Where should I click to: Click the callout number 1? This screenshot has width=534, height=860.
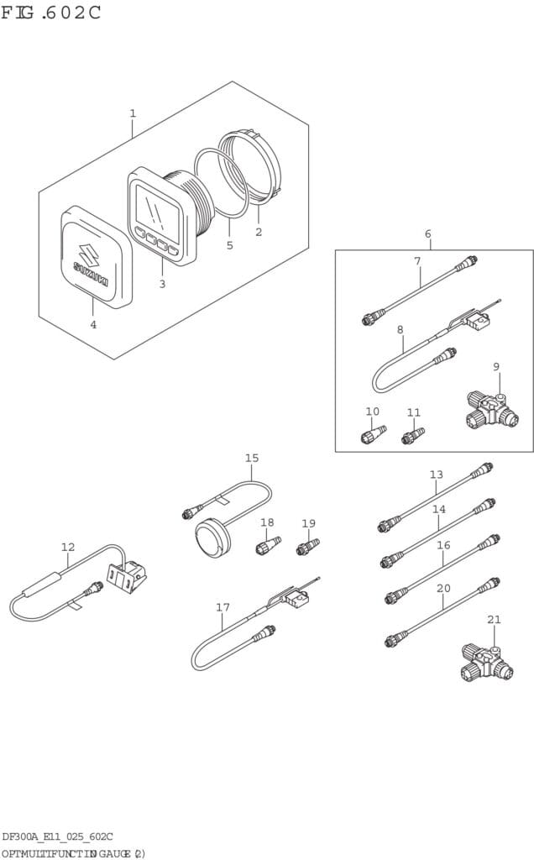tap(132, 113)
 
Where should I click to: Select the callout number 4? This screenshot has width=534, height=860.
tap(93, 324)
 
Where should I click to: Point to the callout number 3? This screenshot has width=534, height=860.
tap(162, 284)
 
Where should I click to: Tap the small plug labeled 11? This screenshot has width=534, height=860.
tap(412, 436)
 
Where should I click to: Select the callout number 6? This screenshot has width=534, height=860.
tap(427, 233)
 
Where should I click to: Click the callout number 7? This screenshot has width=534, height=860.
tap(417, 261)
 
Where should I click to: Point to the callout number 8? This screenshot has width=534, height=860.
tap(400, 330)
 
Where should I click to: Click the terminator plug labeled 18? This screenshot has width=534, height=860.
tap(266, 548)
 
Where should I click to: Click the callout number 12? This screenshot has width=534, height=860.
tap(68, 548)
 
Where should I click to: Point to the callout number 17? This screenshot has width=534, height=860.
tap(222, 607)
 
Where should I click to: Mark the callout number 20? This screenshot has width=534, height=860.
tap(443, 588)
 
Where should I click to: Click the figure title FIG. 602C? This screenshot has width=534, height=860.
tap(51, 13)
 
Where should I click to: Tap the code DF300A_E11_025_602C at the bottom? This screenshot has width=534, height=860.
tap(57, 836)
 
